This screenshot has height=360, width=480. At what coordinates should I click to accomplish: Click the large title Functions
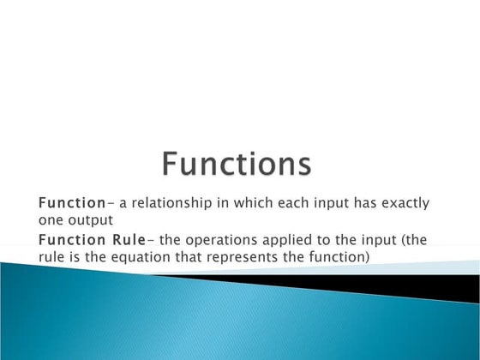(x=237, y=164)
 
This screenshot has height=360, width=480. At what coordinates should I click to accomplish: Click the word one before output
(x=52, y=219)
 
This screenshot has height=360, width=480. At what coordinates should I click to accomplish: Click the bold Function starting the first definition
(x=69, y=203)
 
